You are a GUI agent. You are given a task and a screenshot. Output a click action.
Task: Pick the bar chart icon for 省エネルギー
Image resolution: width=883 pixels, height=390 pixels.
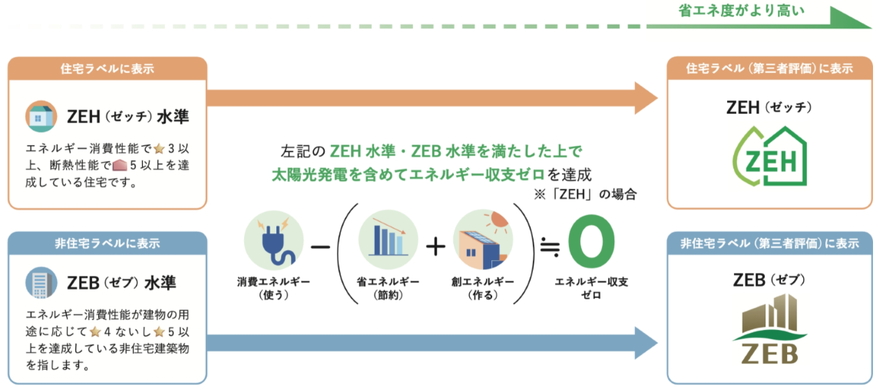388,239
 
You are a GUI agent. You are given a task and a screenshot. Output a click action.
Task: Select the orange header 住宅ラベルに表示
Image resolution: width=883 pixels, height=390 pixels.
107,68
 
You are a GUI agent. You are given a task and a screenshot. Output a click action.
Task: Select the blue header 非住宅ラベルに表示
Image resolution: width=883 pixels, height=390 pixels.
107,243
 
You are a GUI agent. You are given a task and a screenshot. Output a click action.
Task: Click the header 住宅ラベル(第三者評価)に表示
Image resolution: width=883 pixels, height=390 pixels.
769,68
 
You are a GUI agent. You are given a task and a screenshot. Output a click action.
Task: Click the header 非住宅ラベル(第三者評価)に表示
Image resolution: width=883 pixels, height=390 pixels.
769,243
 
